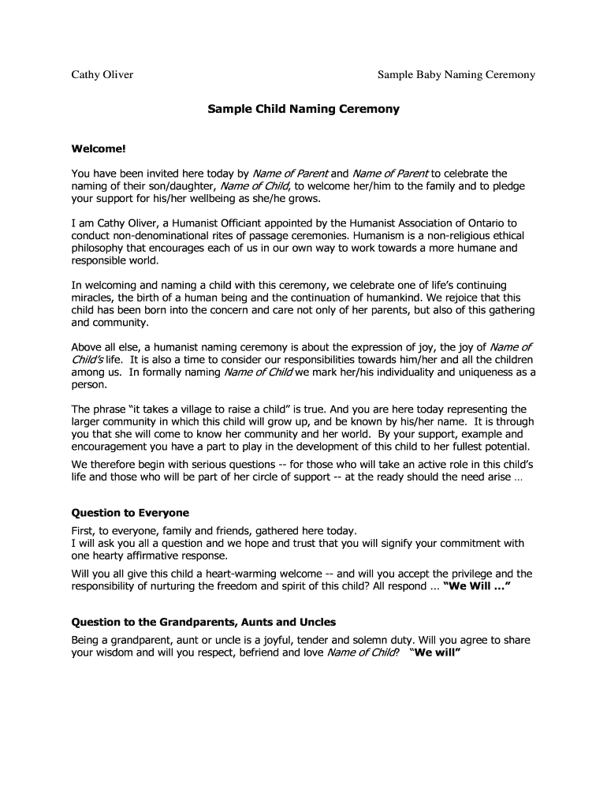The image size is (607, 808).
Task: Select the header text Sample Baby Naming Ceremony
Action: [456, 75]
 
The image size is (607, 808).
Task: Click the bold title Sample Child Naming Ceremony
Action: [303, 110]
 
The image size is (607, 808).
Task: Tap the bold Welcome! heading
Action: [99, 148]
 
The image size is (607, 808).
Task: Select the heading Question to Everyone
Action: [130, 513]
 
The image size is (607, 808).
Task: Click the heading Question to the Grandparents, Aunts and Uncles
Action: [204, 622]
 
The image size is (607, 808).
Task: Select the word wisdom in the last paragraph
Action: [118, 653]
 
